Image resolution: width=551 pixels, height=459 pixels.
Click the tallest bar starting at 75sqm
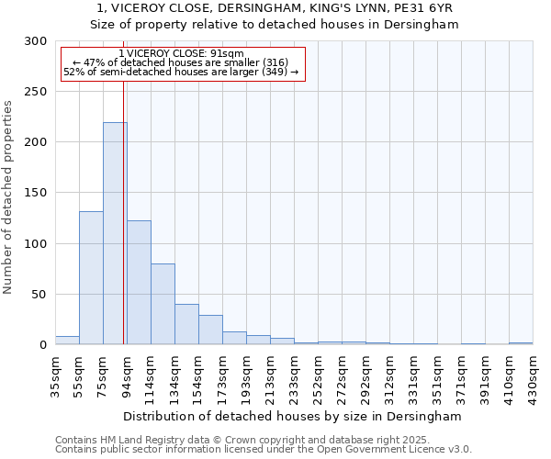pos(115,233)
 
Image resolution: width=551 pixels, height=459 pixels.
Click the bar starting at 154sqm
pos(210,330)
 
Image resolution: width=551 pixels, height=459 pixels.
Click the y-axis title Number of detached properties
pos(9,197)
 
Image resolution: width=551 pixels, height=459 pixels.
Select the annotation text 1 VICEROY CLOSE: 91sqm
pos(182,54)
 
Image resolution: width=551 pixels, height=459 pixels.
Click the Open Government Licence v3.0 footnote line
pos(264,449)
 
